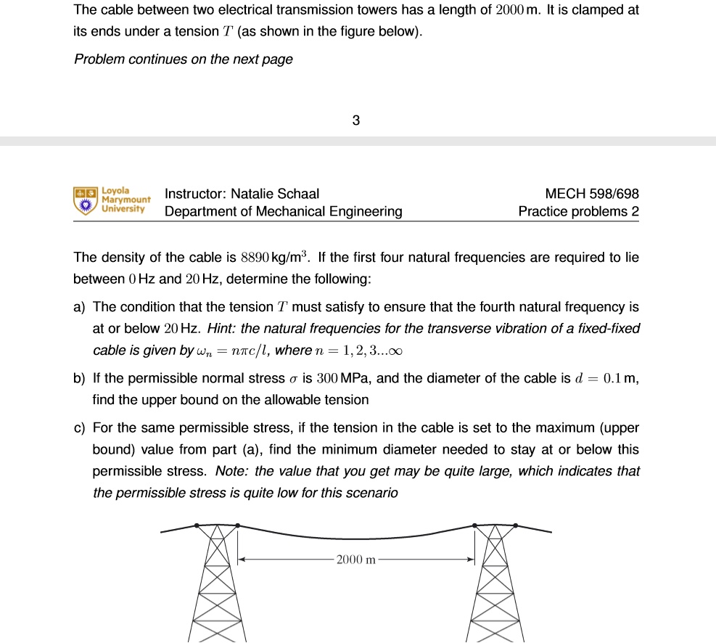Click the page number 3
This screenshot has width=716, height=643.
coord(355,120)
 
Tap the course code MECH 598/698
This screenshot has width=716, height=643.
coord(592,194)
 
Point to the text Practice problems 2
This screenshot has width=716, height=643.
coord(579,212)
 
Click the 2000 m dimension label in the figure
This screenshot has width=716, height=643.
coord(356,560)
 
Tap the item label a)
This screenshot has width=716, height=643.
coord(80,308)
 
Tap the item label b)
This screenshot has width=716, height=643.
coord(80,378)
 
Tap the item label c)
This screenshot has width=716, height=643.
coord(80,428)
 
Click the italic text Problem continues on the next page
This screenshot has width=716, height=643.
coord(184,60)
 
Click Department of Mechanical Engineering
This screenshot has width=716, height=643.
coord(283,212)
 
